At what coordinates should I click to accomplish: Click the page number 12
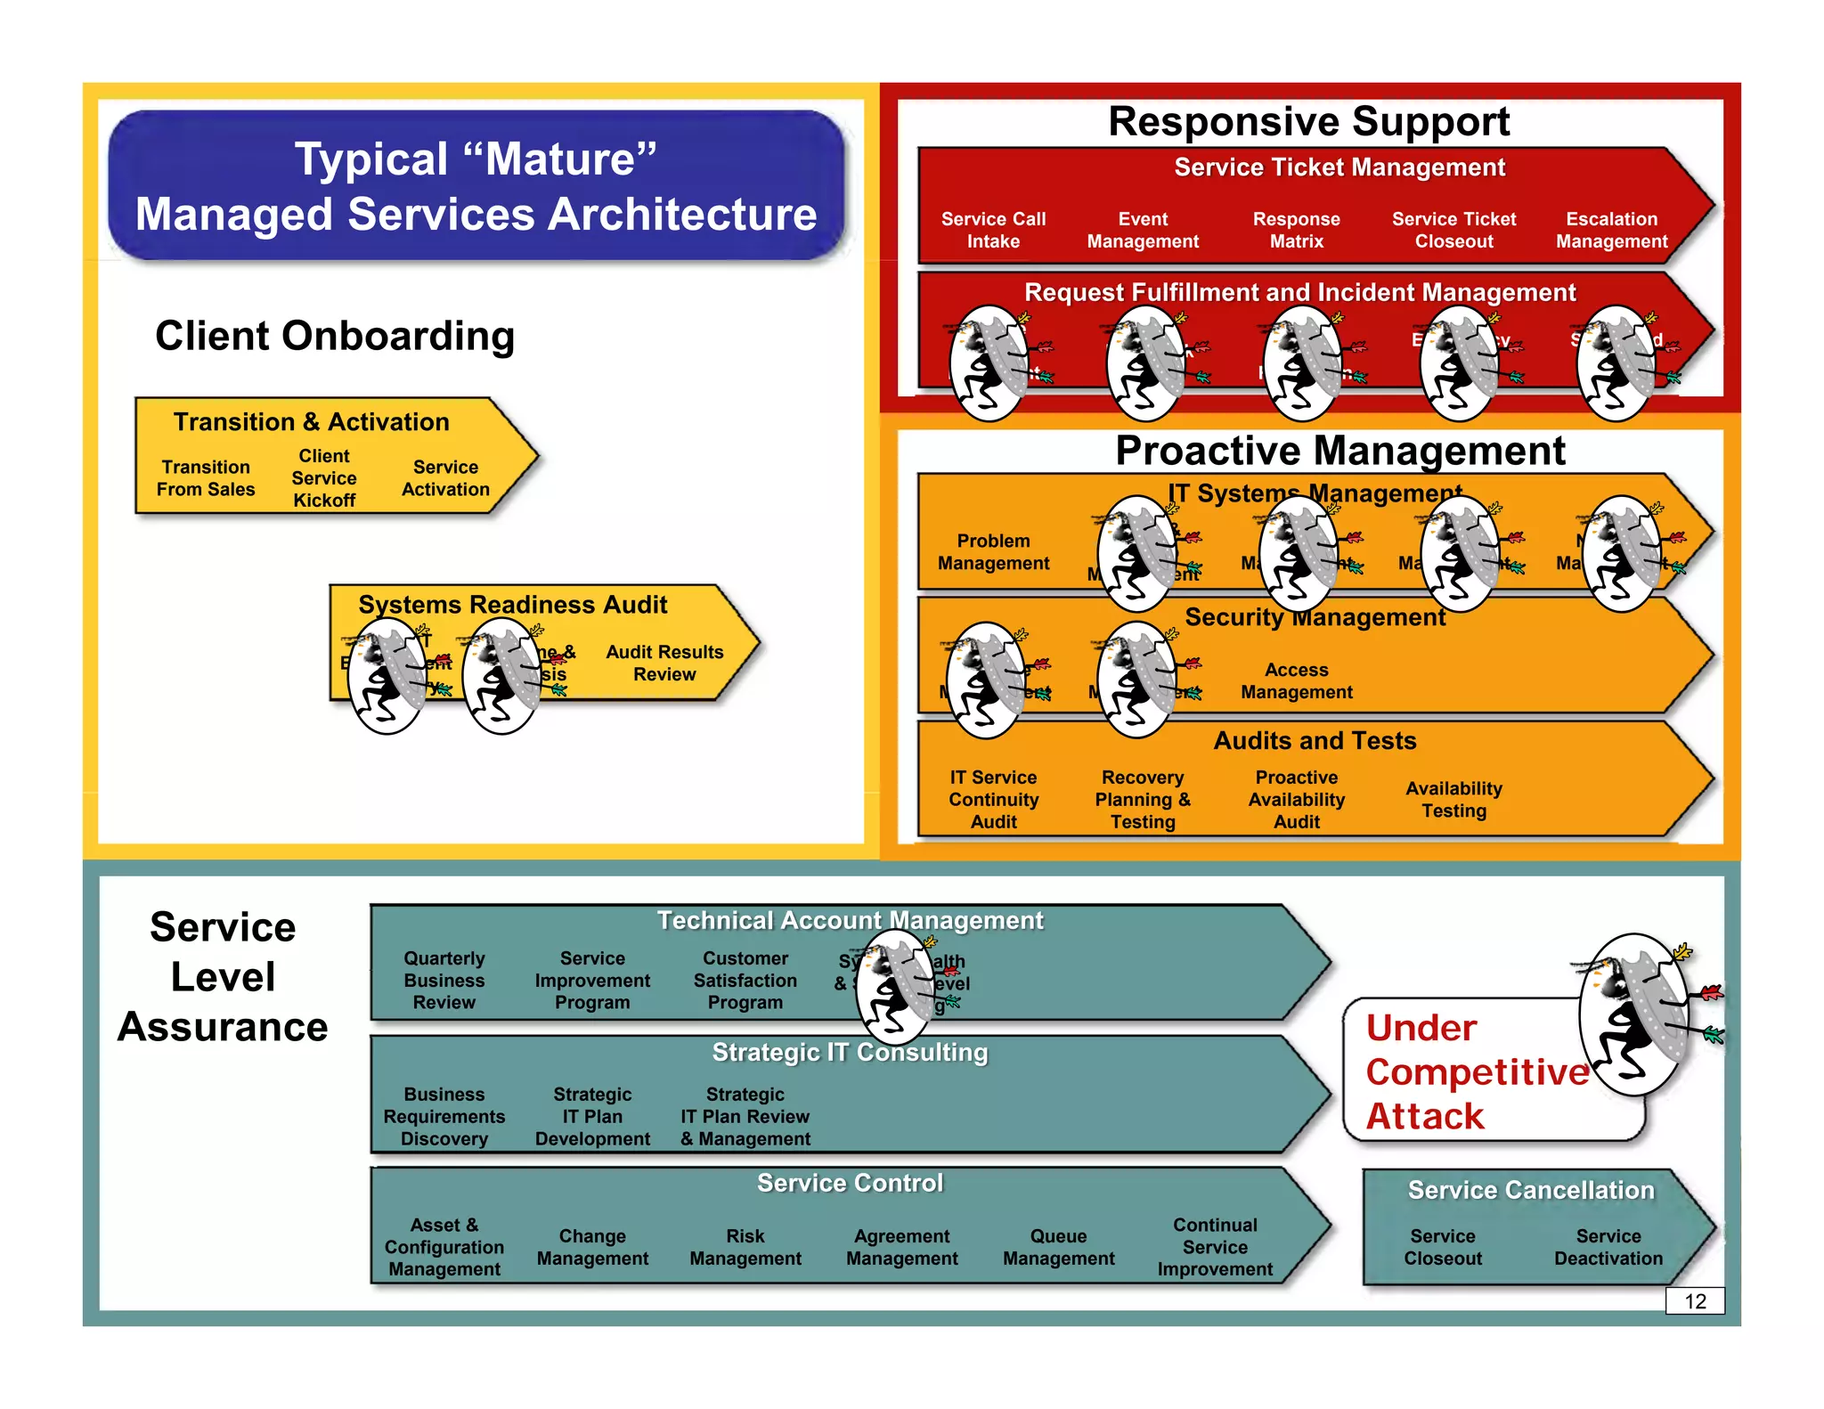coord(1694,1301)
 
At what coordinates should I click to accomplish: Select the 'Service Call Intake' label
coord(993,230)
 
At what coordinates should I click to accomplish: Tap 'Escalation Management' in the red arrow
coord(1610,230)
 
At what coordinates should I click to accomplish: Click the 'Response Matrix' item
coord(1296,230)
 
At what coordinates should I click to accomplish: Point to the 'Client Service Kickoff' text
coord(324,478)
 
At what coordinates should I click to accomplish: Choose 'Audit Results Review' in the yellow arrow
coord(664,663)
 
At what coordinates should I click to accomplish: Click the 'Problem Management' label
coord(993,552)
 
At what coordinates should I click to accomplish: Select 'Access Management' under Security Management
coord(1296,680)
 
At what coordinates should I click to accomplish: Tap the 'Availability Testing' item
coord(1453,799)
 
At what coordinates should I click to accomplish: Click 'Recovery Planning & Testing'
coord(1143,799)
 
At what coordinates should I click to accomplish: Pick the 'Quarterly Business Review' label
coord(444,980)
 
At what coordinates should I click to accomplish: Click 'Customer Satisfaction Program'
coord(745,980)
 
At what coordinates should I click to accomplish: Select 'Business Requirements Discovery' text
coord(444,1116)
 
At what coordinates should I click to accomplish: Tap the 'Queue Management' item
coord(1058,1247)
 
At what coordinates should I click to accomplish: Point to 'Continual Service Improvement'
coord(1215,1247)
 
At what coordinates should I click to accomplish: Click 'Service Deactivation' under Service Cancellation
coord(1608,1247)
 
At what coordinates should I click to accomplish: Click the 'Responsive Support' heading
coord(1308,122)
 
